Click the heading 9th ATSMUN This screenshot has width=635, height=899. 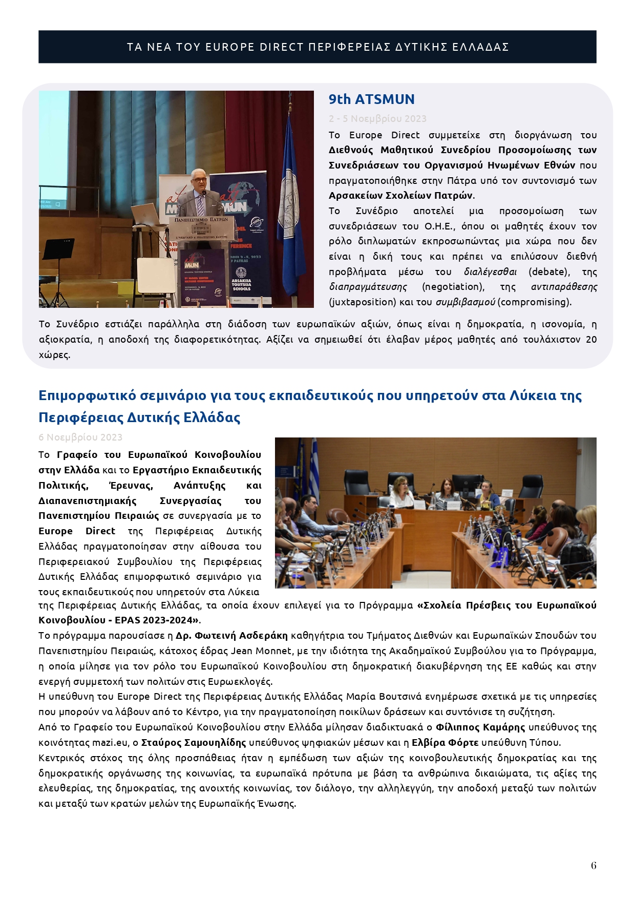click(371, 99)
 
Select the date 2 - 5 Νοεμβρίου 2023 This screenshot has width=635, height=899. click(377, 119)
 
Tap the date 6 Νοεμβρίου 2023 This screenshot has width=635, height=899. click(80, 437)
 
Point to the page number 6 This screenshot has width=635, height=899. click(594, 865)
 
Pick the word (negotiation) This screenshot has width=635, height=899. click(453, 287)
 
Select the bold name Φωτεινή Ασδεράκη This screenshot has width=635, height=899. click(231, 636)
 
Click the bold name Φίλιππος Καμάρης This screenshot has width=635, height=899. click(480, 727)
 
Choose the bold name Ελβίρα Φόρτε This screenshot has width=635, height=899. click(445, 743)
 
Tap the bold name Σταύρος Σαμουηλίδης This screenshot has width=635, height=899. click(195, 743)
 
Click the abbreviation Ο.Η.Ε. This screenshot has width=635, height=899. click(439, 226)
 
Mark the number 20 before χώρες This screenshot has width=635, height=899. click(591, 340)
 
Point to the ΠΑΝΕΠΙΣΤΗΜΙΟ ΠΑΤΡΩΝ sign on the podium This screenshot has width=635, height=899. click(201, 219)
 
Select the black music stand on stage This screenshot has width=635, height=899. click(57, 251)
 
